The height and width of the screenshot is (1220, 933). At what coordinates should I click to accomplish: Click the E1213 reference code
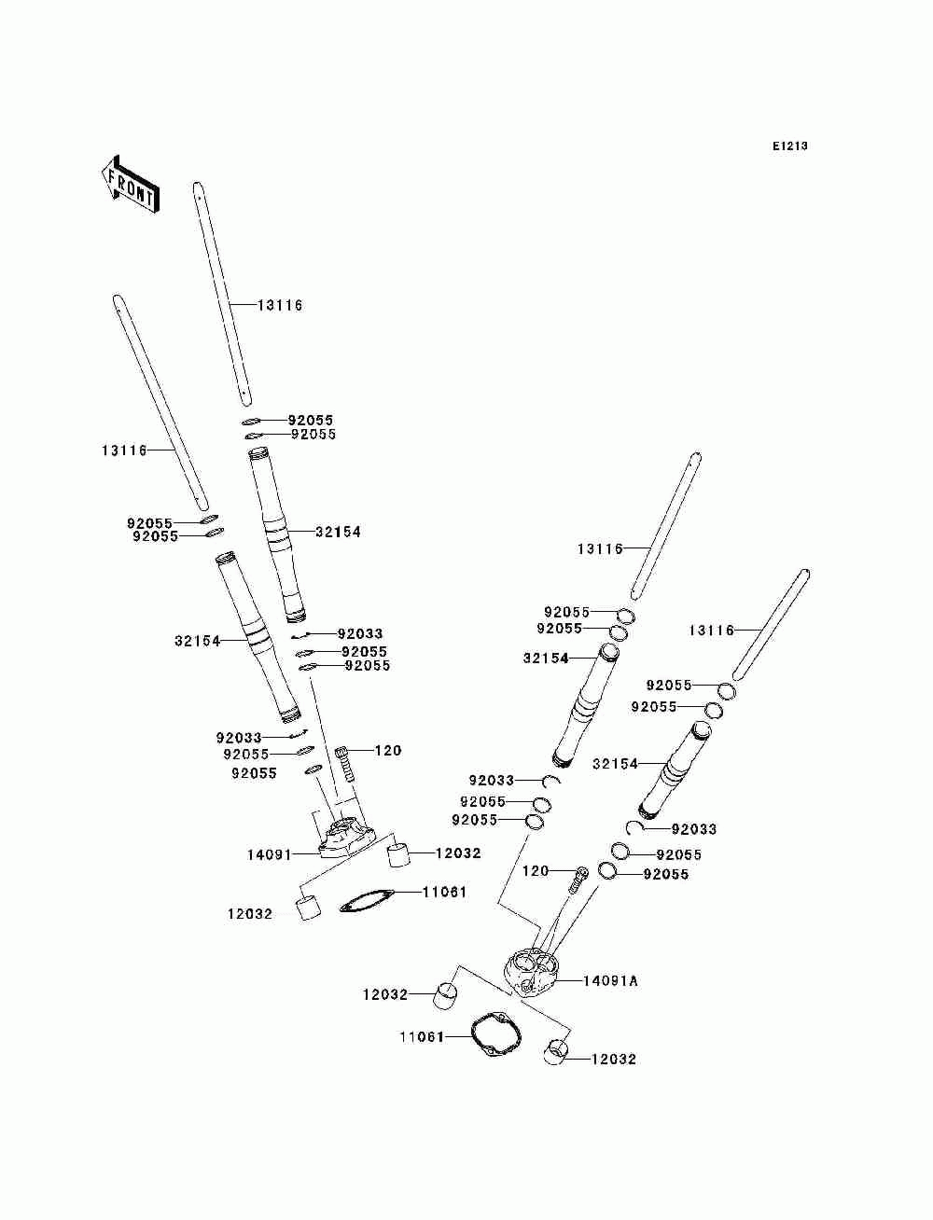pyautogui.click(x=789, y=146)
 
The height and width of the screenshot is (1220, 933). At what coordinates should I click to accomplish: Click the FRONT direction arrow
pyautogui.click(x=130, y=183)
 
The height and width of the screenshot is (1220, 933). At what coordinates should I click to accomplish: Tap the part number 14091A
pyautogui.click(x=611, y=981)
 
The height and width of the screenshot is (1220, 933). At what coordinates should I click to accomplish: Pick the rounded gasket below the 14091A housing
pyautogui.click(x=491, y=1033)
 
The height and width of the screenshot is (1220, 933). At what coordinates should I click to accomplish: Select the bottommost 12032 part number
pyautogui.click(x=614, y=1060)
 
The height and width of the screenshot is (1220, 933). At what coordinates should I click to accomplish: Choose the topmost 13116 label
pyautogui.click(x=280, y=306)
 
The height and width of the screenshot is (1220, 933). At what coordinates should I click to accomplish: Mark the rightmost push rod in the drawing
pyautogui.click(x=771, y=624)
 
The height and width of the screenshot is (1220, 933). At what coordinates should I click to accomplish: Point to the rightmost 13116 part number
pyautogui.click(x=712, y=631)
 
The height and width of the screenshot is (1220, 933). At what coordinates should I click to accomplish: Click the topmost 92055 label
pyautogui.click(x=310, y=421)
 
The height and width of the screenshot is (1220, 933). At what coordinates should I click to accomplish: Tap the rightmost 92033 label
pyautogui.click(x=694, y=829)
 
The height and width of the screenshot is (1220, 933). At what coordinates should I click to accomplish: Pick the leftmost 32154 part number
pyautogui.click(x=197, y=642)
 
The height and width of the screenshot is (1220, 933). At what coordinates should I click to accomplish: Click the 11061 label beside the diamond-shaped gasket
pyautogui.click(x=444, y=893)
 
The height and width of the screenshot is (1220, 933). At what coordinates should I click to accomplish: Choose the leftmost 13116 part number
pyautogui.click(x=124, y=451)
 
